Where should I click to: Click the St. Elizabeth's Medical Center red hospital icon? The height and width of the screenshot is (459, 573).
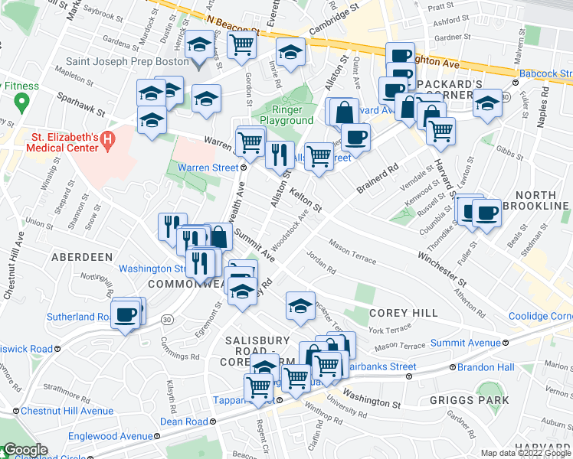coord(108,140)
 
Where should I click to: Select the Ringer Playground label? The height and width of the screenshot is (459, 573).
coord(286,114)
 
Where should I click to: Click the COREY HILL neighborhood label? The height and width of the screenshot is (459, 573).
coord(403,313)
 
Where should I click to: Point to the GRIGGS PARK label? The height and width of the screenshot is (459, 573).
coord(480,399)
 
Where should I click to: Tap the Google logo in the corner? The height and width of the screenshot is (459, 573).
coord(25,450)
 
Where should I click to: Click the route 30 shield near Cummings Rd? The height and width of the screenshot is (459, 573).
coord(166,318)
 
